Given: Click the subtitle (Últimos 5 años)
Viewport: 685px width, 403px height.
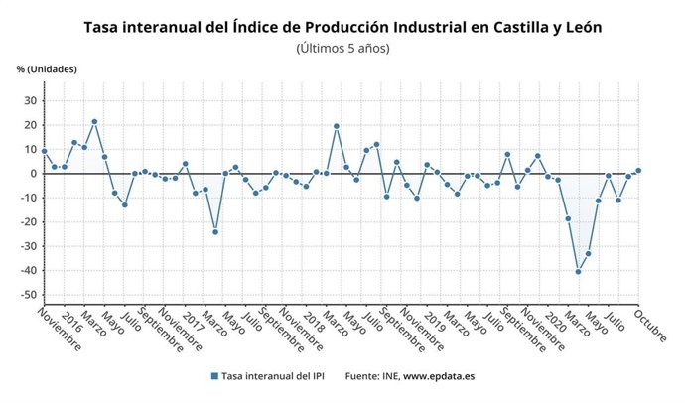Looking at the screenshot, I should (342, 48).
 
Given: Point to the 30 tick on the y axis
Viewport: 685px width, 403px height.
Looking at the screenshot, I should (29, 100).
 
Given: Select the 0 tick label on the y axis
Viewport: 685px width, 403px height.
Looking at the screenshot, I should (33, 174).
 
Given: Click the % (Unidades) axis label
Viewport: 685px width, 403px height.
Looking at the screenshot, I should (47, 69).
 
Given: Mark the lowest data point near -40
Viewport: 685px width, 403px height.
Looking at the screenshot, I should (578, 271).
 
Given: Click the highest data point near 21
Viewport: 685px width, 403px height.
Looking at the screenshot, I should (94, 122).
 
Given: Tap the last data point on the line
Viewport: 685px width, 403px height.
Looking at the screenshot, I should (638, 170).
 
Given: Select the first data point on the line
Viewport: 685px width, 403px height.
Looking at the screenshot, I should (44, 151).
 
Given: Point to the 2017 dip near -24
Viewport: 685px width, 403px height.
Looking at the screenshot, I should (215, 232).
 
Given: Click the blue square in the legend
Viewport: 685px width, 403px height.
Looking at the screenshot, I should (213, 376).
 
